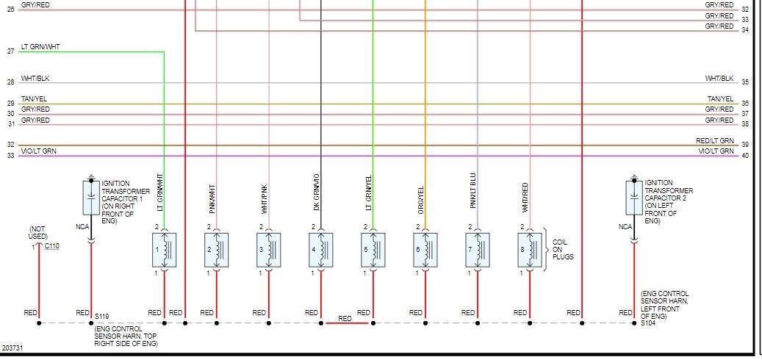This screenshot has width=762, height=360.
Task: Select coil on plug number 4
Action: (321, 251)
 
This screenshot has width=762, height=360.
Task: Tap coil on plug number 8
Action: (530, 251)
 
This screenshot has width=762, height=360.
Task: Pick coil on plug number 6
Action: (425, 251)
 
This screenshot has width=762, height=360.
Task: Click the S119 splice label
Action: (101, 316)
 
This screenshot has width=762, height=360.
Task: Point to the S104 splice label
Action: (648, 323)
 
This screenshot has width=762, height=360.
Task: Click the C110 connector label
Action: (52, 246)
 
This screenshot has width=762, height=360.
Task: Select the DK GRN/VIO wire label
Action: (317, 192)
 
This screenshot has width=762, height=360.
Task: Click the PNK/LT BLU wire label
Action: (473, 192)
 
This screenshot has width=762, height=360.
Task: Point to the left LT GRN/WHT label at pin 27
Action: (40, 46)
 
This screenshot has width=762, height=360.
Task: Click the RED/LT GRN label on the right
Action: (715, 140)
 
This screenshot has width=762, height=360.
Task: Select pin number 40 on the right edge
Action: (745, 155)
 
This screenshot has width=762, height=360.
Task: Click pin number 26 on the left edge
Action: (10, 10)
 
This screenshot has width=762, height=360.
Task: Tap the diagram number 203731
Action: (12, 348)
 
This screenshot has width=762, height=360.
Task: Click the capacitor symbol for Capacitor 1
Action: (91, 198)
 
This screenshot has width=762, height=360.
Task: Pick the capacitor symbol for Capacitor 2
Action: (634, 198)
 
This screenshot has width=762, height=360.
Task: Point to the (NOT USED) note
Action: (38, 233)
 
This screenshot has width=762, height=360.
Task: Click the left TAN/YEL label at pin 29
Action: (35, 98)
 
